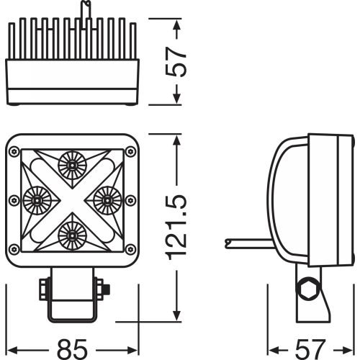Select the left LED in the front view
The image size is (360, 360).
click(x=35, y=198)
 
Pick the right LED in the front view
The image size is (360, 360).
click(x=106, y=198)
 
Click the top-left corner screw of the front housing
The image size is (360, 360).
click(x=14, y=151)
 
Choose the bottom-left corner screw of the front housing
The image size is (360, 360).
click(x=14, y=249)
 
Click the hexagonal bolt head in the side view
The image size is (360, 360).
click(x=310, y=289)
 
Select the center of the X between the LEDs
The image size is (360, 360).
click(x=71, y=198)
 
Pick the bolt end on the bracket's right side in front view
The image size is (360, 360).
click(x=107, y=289)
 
